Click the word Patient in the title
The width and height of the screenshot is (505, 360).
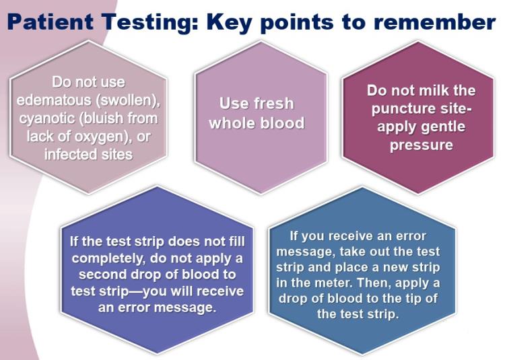pyautogui.click(x=50, y=22)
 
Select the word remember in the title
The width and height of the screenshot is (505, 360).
pyautogui.click(x=435, y=22)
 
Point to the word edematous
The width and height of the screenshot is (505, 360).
pyautogui.click(x=55, y=100)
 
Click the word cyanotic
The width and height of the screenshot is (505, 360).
pyautogui.click(x=47, y=118)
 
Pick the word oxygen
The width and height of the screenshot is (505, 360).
pyautogui.click(x=102, y=137)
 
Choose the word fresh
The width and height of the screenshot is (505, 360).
pyautogui.click(x=274, y=104)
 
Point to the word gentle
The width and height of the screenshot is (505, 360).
pyautogui.click(x=445, y=127)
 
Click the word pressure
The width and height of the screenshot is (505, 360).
pyautogui.click(x=422, y=145)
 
